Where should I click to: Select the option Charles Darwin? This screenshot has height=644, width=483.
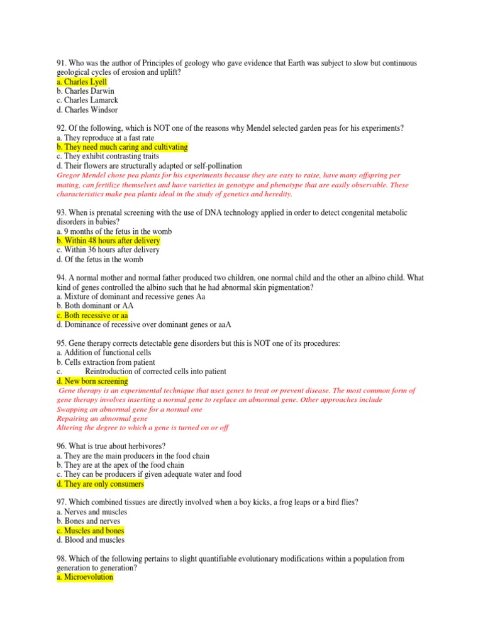pyautogui.click(x=85, y=91)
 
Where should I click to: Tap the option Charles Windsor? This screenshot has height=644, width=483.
pyautogui.click(x=87, y=109)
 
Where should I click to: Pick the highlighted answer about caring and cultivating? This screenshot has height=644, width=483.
pyautogui.click(x=122, y=147)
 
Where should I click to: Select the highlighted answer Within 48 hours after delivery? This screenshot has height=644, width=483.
pyautogui.click(x=108, y=241)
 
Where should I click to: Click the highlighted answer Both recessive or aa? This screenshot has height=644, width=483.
pyautogui.click(x=92, y=315)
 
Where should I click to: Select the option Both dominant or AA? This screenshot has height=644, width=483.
pyautogui.click(x=94, y=306)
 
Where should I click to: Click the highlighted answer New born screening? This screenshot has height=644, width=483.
pyautogui.click(x=92, y=381)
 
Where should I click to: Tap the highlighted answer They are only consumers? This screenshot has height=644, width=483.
pyautogui.click(x=100, y=484)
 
